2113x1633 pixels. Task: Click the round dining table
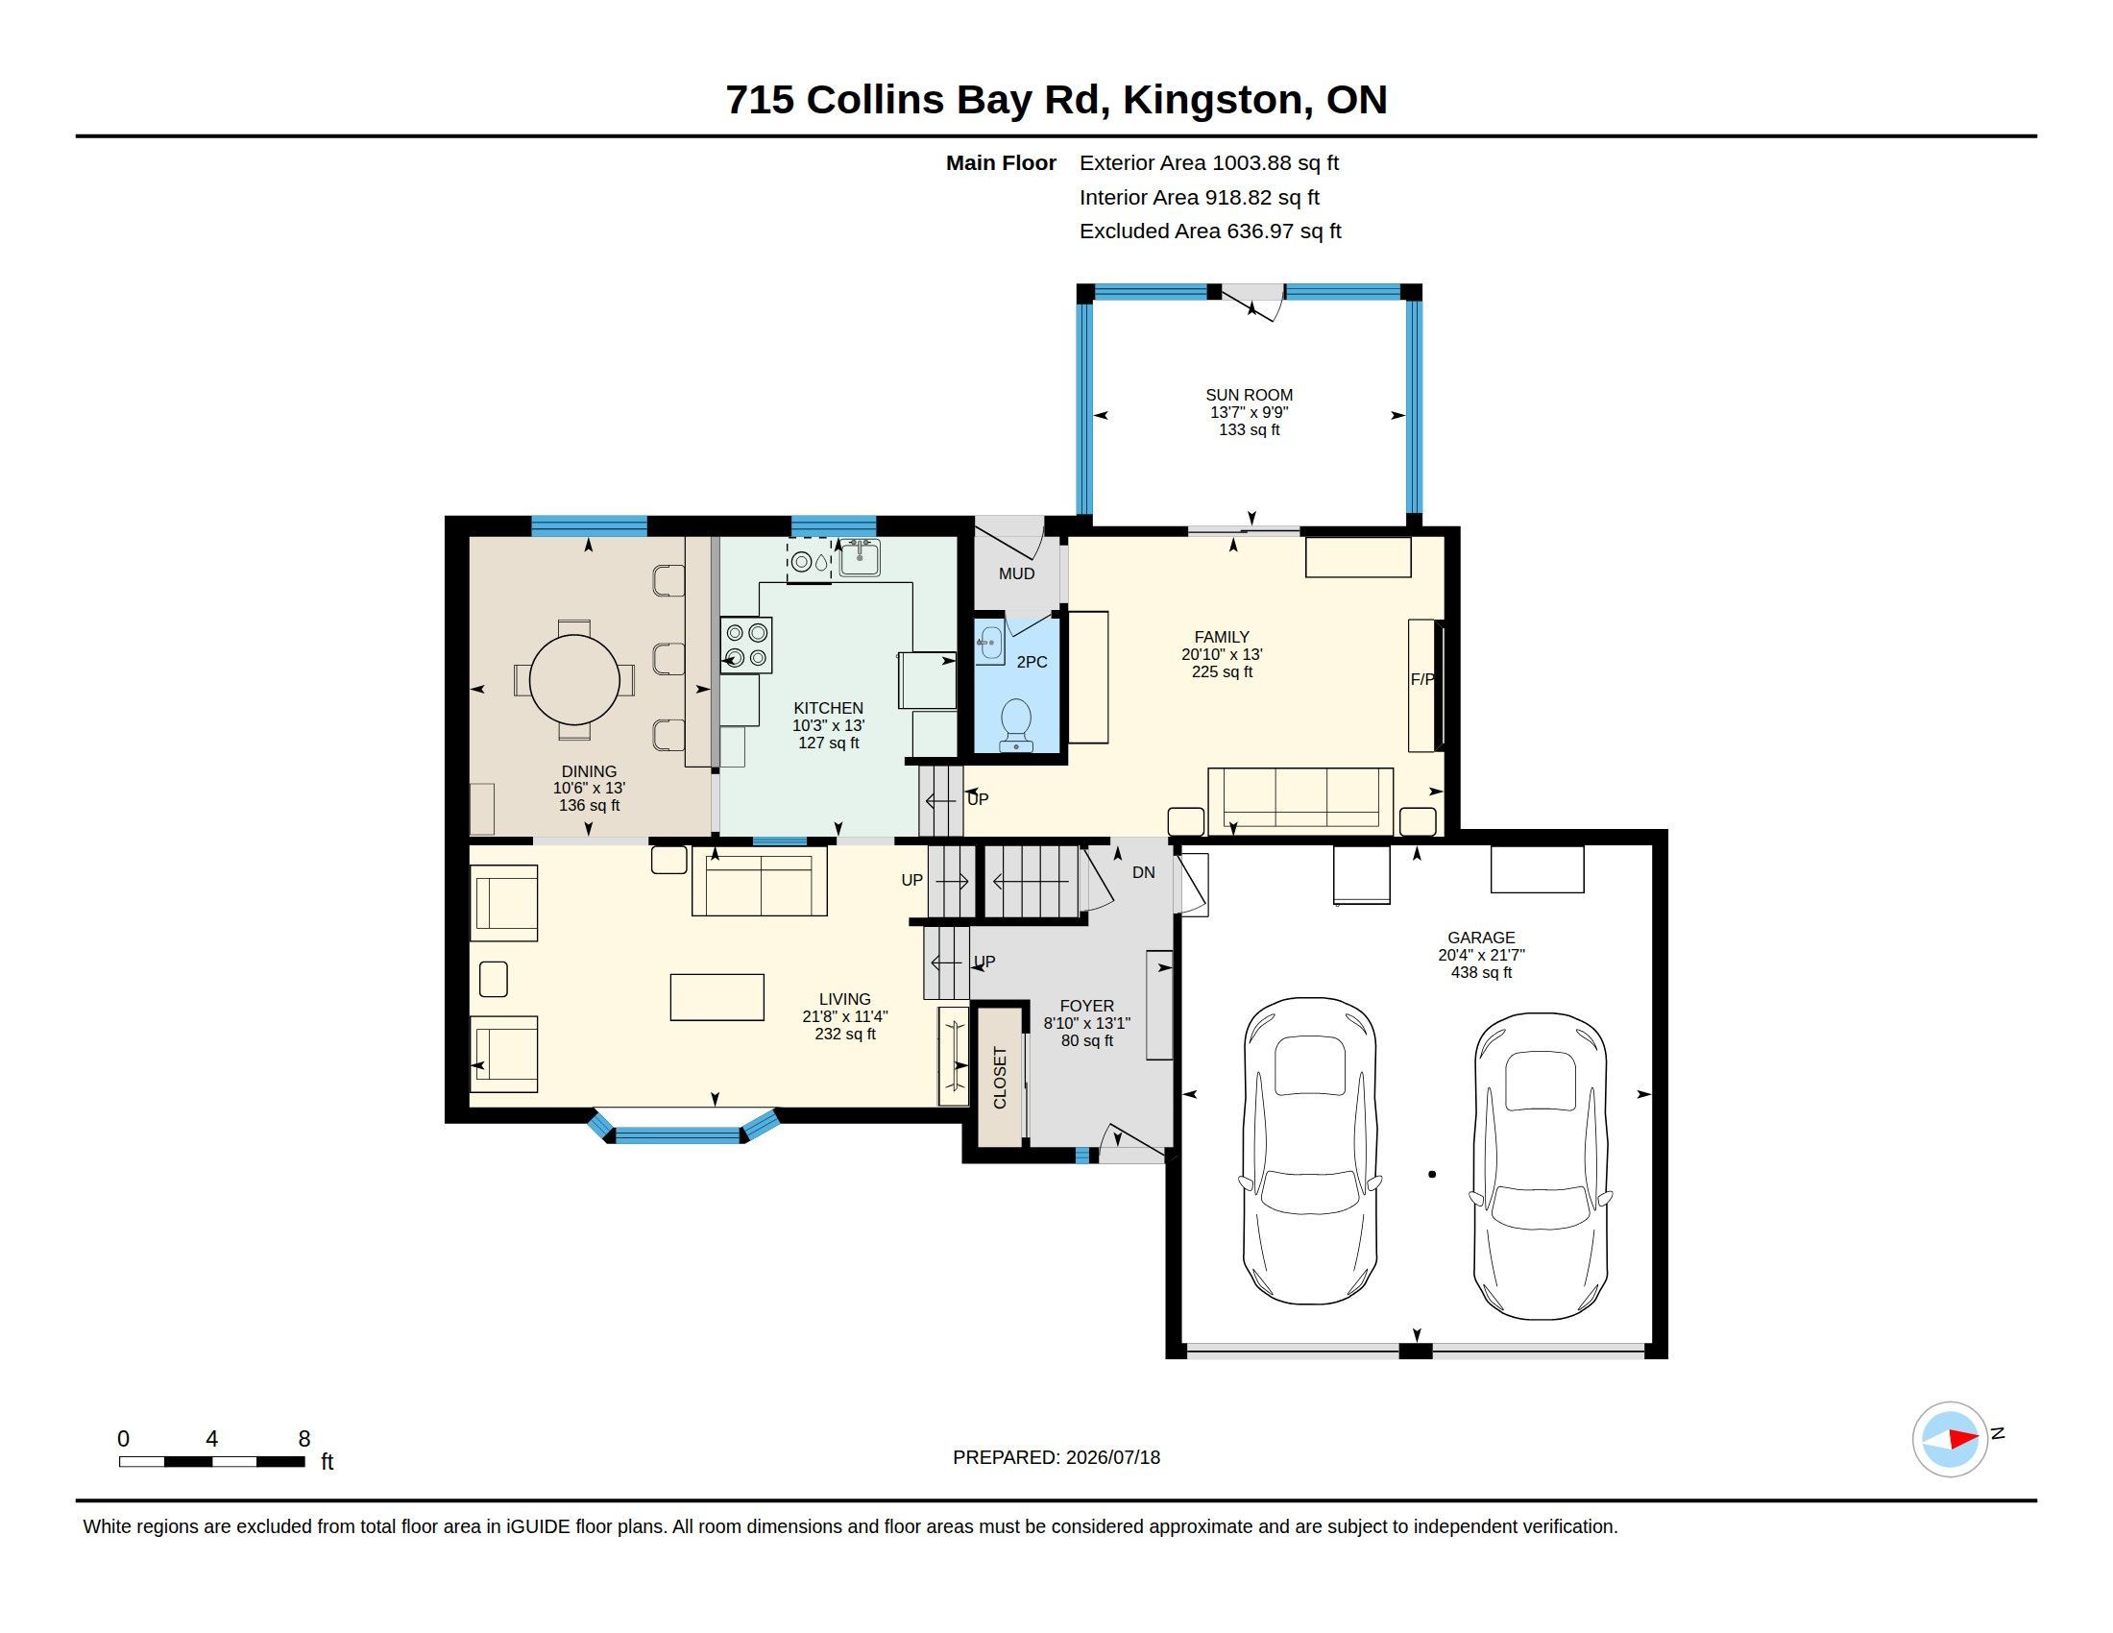coord(573,679)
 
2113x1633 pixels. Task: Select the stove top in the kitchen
coord(746,646)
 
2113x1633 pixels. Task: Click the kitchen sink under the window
coord(860,558)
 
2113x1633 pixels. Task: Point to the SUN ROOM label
coord(1249,395)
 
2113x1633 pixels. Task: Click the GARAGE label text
coord(1481,938)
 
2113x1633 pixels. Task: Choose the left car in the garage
coord(1310,1151)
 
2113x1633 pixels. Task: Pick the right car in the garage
coord(1541,1166)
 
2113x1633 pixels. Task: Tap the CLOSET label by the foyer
coord(1001,1078)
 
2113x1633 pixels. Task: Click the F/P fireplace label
coord(1421,680)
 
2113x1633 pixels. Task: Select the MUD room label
coord(1017,573)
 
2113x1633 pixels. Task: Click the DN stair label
coord(1144,872)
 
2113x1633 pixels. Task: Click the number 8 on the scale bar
coord(304,1439)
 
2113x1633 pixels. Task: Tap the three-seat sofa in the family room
coord(1300,801)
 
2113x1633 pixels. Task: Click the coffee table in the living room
coord(716,997)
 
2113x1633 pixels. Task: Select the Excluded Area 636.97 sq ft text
coord(1210,232)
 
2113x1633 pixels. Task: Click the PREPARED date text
coord(1056,1457)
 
